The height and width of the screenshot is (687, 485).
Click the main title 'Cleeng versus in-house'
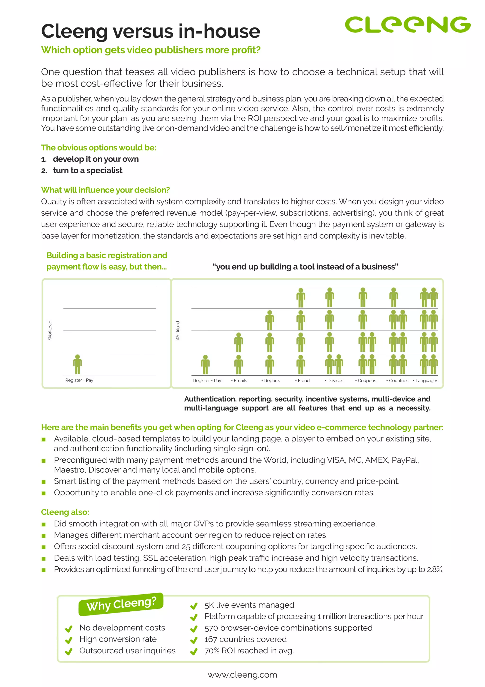tap(151, 31)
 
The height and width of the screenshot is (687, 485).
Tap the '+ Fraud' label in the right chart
tap(302, 381)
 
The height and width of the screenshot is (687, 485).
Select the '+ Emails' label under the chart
tap(239, 381)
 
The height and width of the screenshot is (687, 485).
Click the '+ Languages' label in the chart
tap(425, 381)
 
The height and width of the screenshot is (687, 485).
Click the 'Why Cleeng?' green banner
tap(121, 604)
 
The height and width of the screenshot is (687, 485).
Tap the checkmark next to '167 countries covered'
tap(194, 640)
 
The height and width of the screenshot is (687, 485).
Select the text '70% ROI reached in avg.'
tap(249, 651)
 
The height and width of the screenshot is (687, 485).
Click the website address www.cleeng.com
tap(242, 675)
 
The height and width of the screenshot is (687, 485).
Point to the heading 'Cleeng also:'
tap(65, 512)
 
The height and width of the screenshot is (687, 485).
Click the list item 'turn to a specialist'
tap(88, 171)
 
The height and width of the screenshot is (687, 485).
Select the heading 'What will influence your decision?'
tap(105, 190)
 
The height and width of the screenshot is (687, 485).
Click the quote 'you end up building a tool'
tap(305, 267)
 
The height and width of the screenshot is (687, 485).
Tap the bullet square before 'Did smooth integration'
tap(44, 524)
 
